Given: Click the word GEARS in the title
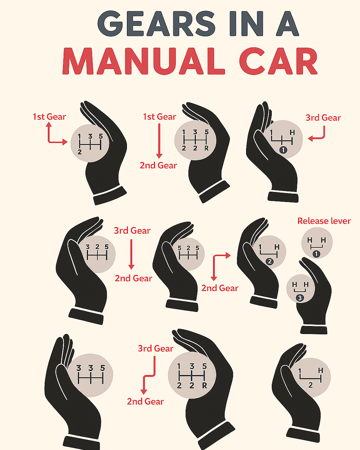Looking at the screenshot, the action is [156, 23].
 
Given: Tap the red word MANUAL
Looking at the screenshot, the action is [144, 61].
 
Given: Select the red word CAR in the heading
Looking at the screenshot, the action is [278, 61].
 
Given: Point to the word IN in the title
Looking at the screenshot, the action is [246, 23].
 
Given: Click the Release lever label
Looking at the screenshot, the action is [324, 221].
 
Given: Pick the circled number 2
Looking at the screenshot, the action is [270, 261].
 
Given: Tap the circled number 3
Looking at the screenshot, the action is [300, 298].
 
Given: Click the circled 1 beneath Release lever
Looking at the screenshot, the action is [316, 254].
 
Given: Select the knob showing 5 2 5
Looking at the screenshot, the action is [188, 254].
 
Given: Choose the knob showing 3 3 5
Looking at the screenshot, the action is [90, 375].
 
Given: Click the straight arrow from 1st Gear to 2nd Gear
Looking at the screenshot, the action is [159, 141].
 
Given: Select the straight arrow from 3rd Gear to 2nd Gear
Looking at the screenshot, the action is [131, 254].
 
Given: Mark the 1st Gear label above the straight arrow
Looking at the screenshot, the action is [159, 117].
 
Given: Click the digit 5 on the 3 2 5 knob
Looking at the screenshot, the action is [107, 247].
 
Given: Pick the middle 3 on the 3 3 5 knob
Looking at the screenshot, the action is [91, 368].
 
